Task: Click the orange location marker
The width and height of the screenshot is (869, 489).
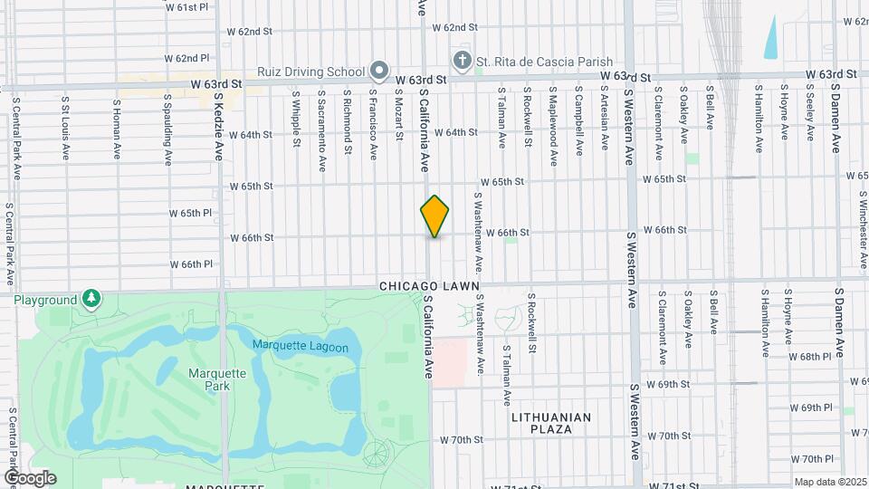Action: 434,216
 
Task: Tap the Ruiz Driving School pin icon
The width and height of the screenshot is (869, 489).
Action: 379,71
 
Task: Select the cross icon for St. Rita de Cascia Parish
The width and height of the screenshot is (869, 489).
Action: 462,61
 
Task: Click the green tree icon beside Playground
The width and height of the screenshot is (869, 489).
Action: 91,299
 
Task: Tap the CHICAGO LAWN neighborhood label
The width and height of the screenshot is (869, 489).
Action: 429,286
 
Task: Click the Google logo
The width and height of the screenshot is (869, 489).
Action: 30,478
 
